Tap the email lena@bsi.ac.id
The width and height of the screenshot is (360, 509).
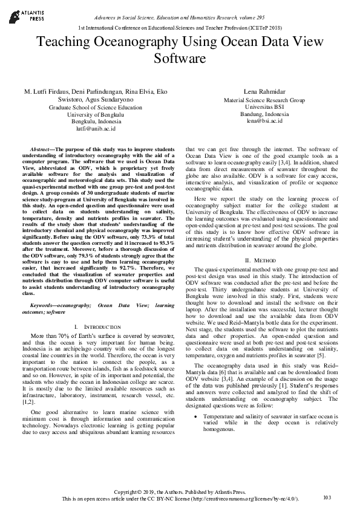pyautogui.click(x=264, y=122)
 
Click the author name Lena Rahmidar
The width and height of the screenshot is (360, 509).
pyautogui.click(x=264, y=91)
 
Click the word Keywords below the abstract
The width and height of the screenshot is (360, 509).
pyautogui.click(x=45, y=306)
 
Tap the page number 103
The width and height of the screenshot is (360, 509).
pyautogui.click(x=327, y=498)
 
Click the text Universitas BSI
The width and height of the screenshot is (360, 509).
pyautogui.click(x=264, y=107)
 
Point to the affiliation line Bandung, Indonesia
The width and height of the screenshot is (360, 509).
pyautogui.click(x=264, y=114)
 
